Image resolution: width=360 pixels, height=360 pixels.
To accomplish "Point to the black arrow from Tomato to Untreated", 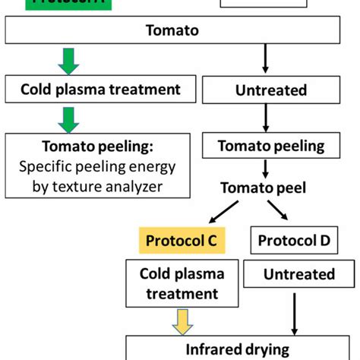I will coord(265,59).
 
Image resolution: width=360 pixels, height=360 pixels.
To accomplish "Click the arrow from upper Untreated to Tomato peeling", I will coord(265,118).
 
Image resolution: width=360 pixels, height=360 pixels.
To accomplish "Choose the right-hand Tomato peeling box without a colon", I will coord(271,146).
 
